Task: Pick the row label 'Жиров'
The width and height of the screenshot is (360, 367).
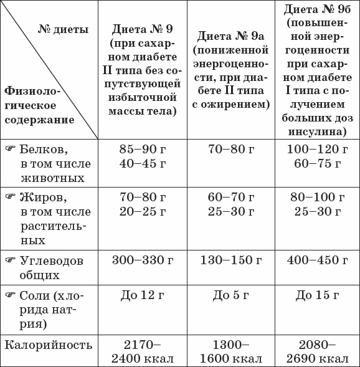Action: (x=44, y=198)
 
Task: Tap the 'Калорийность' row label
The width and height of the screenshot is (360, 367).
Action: (x=48, y=345)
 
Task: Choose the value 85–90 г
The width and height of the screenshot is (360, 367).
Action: (x=143, y=150)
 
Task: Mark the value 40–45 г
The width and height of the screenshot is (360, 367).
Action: (x=143, y=164)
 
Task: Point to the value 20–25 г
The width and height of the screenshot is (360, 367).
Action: (x=143, y=212)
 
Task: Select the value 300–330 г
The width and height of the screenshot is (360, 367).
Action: (x=143, y=260)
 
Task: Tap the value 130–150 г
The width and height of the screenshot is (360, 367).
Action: (x=231, y=260)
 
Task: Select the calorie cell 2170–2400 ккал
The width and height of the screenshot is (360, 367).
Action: (x=143, y=351)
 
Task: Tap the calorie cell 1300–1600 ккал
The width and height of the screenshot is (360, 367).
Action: (x=231, y=351)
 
